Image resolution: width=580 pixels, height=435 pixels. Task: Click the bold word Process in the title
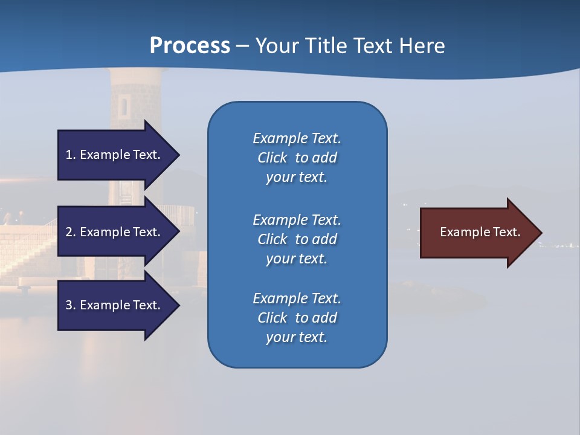pyautogui.click(x=190, y=46)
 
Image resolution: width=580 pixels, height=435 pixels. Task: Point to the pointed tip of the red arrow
pyautogui.click(x=541, y=233)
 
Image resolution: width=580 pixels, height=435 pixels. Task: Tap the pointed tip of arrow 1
pyautogui.click(x=178, y=155)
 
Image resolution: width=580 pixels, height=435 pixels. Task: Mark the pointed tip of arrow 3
pyautogui.click(x=178, y=305)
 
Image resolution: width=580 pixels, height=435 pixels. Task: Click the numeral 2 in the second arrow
pyautogui.click(x=69, y=232)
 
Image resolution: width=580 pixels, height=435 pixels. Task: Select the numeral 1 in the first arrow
pyautogui.click(x=69, y=155)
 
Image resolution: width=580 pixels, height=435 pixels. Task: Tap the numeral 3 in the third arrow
pyautogui.click(x=69, y=305)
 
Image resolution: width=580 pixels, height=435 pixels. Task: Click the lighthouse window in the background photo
pyautogui.click(x=123, y=107)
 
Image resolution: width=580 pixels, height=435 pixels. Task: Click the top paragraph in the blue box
pyautogui.click(x=297, y=158)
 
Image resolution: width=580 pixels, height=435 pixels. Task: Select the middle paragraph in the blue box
pyautogui.click(x=297, y=239)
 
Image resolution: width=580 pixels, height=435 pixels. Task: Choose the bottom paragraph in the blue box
pyautogui.click(x=297, y=318)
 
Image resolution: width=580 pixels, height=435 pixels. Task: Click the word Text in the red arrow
pyautogui.click(x=507, y=232)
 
